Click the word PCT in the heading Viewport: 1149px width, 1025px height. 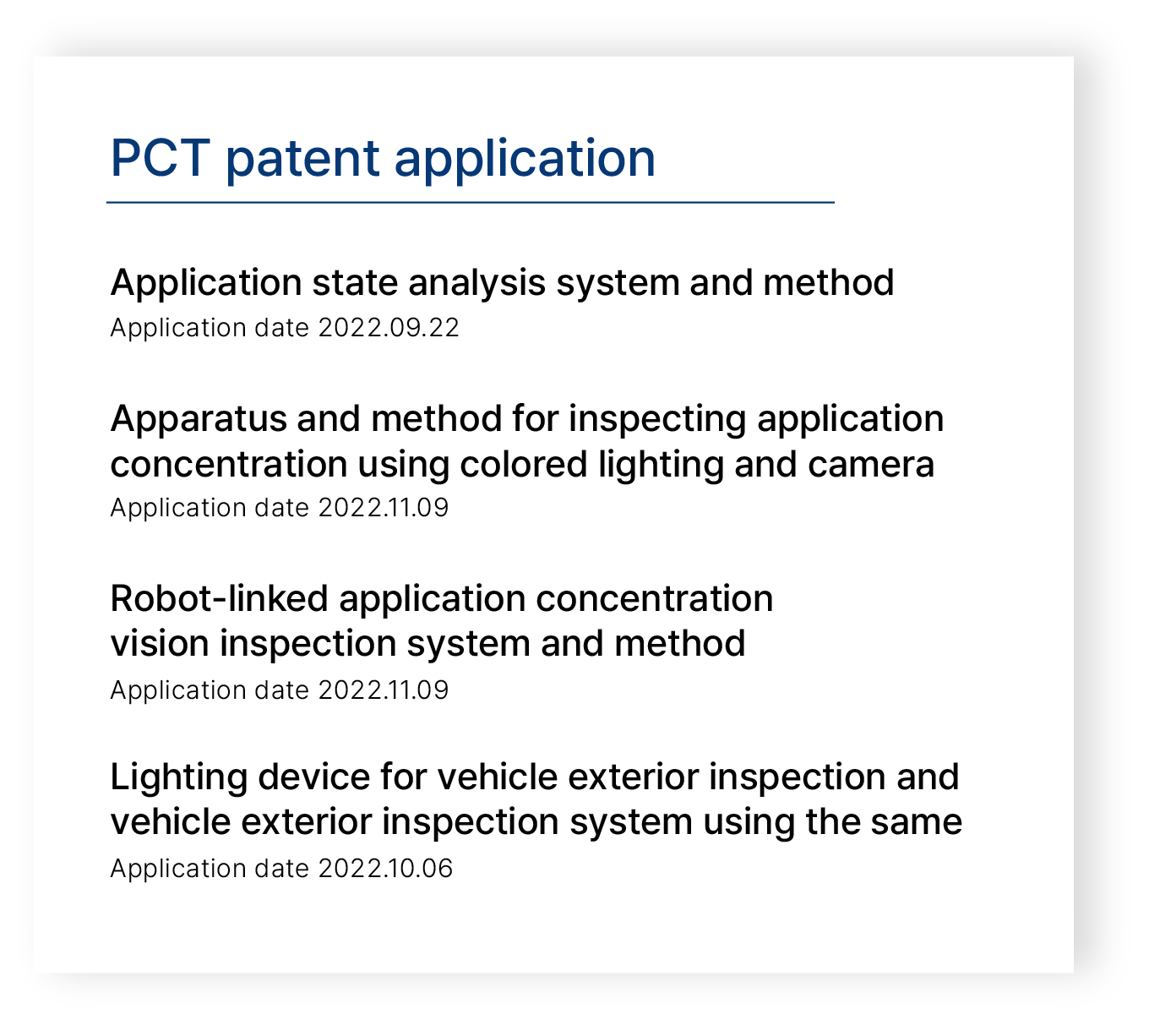160,158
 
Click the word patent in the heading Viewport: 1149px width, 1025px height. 302,159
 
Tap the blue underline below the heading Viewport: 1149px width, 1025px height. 470,202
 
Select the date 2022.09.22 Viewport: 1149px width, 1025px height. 389,328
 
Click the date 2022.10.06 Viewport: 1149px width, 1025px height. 385,869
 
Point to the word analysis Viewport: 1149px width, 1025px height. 476,284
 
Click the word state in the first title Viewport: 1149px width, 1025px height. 355,282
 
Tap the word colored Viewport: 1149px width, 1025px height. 524,464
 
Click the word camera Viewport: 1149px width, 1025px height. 870,466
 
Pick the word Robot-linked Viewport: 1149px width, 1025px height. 220,598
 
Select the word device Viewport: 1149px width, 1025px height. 314,777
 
